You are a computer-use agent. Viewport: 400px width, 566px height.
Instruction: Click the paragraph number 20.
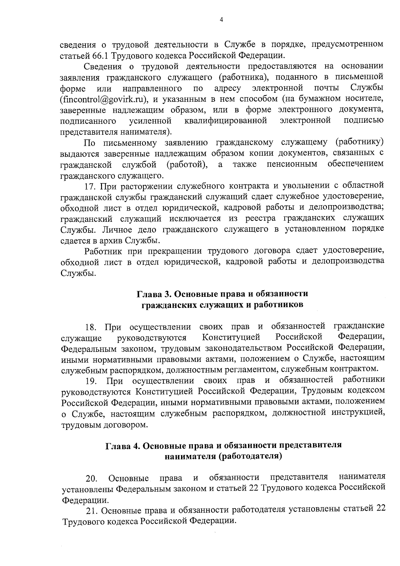(91, 479)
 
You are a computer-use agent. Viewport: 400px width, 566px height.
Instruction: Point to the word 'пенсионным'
(292, 164)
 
